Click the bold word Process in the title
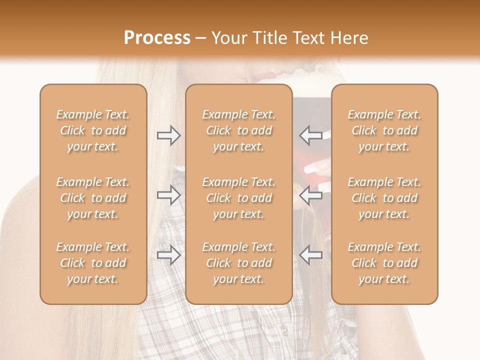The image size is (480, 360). click(x=157, y=38)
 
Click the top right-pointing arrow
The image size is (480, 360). click(x=169, y=135)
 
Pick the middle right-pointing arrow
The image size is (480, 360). click(x=169, y=195)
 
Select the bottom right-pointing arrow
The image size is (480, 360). click(x=169, y=255)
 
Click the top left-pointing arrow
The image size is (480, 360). click(x=310, y=135)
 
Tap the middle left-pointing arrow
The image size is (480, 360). click(x=310, y=195)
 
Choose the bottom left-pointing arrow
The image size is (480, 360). click(x=310, y=255)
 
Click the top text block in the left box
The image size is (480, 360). click(x=93, y=130)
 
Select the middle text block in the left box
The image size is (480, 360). click(x=93, y=198)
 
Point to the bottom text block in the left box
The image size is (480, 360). click(x=93, y=263)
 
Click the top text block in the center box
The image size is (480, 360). click(x=239, y=130)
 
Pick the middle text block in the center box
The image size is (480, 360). click(x=239, y=198)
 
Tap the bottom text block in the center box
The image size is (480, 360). click(x=239, y=263)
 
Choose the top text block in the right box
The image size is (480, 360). click(x=384, y=130)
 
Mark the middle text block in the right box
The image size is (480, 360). click(x=384, y=198)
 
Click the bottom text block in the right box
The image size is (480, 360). click(x=384, y=263)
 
